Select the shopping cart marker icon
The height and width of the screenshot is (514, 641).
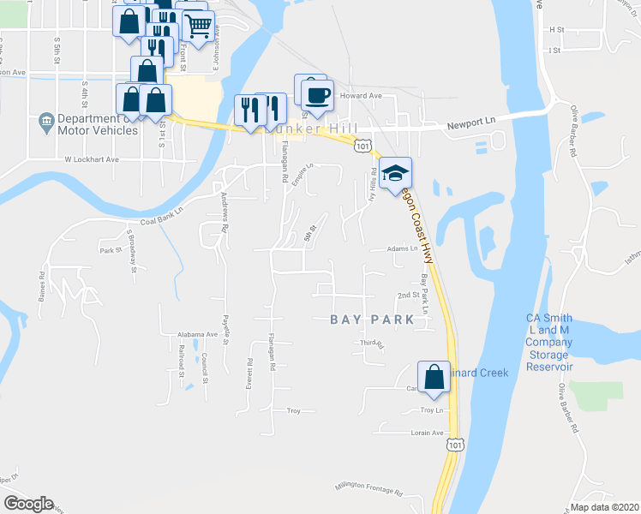198,28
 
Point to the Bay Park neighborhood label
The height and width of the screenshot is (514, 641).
373,320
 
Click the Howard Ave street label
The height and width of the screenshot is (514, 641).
361,96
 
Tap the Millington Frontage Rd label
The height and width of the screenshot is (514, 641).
368,488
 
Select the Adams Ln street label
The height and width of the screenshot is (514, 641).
401,249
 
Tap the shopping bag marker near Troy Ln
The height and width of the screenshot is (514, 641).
434,378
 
